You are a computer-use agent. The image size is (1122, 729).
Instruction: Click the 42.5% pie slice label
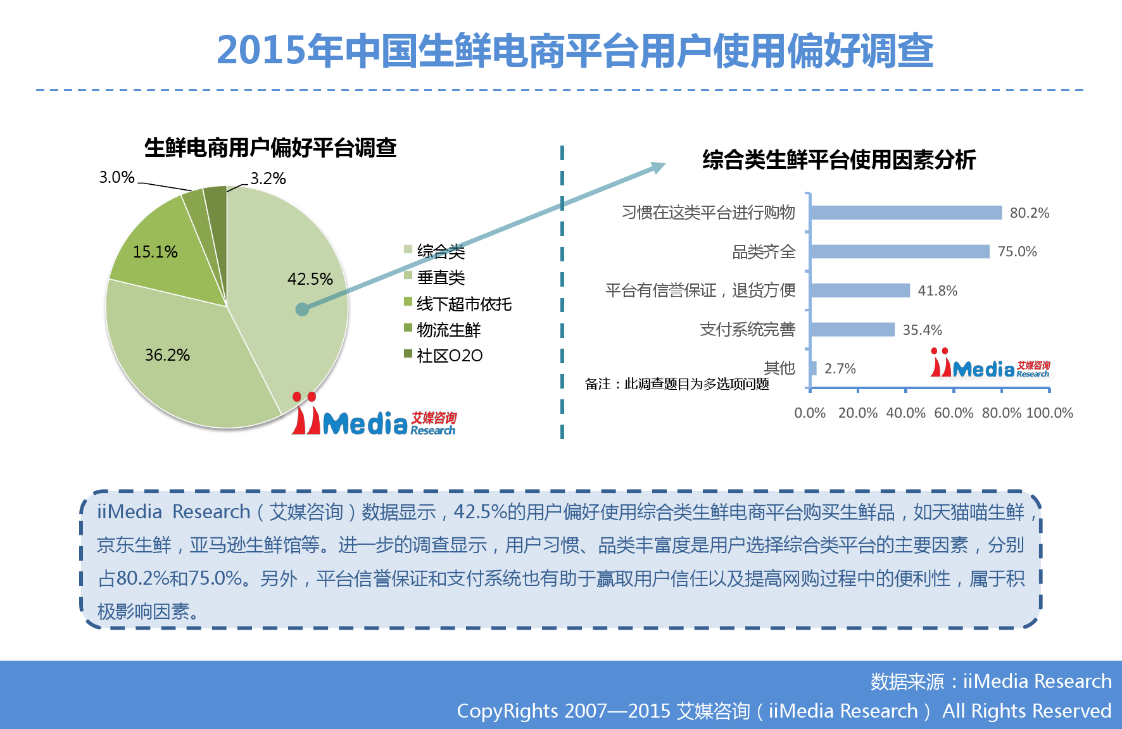310,279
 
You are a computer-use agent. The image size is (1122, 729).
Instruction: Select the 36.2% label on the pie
167,355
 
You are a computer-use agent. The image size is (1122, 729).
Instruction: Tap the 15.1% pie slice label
155,252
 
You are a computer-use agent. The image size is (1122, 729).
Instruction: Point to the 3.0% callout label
117,177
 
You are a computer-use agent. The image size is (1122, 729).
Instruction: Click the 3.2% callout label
268,178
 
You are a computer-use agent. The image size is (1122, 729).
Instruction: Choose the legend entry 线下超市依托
458,304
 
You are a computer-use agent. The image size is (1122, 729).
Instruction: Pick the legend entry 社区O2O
443,356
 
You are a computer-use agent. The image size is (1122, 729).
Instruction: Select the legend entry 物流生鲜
443,330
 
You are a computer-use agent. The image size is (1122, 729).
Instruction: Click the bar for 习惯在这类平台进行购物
906,213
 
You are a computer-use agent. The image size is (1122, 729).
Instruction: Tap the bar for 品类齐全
900,252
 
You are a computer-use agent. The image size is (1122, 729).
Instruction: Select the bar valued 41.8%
860,290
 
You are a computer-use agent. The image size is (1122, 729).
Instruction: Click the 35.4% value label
922,330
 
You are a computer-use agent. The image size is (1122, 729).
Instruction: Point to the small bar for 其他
813,368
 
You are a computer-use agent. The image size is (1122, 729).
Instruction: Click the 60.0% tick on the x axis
954,413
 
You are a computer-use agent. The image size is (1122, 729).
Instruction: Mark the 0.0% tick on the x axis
810,413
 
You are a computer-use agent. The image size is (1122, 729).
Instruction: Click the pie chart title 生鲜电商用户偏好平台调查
270,148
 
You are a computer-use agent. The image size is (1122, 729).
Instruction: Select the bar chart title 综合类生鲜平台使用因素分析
839,159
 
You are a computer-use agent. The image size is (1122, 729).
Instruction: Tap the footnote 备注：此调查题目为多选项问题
677,384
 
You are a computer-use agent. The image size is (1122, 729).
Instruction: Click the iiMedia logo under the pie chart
374,414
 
